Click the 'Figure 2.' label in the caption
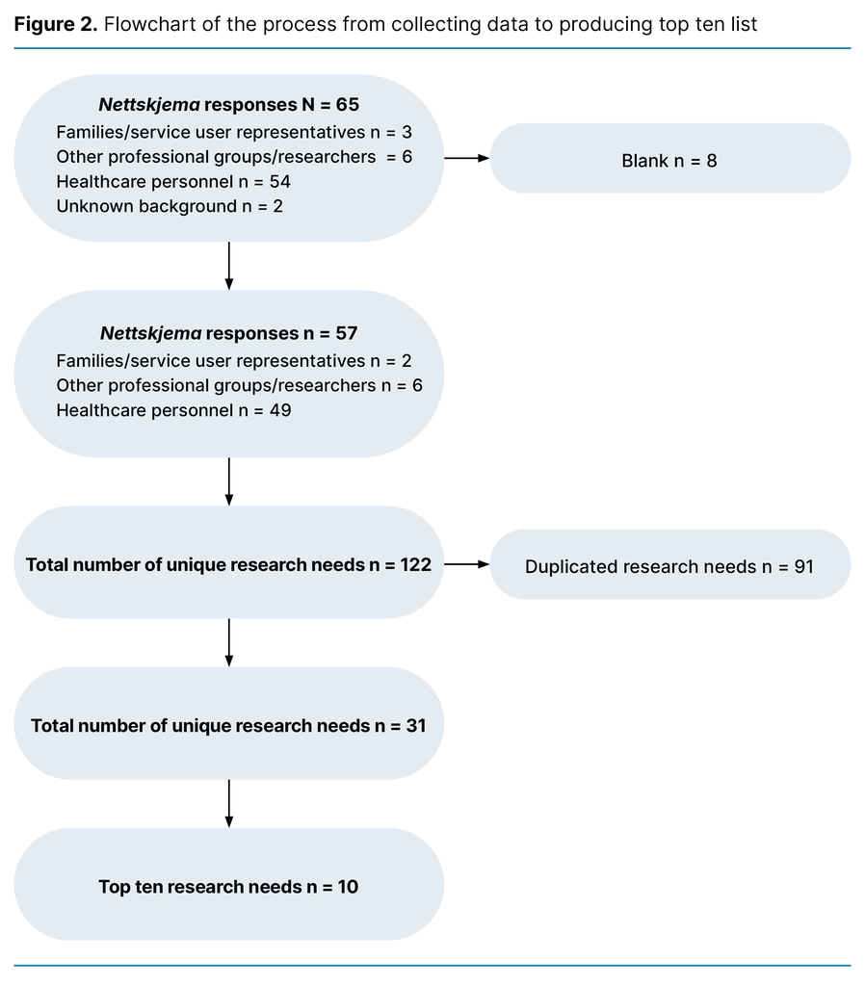point(56,24)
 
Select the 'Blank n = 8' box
point(669,160)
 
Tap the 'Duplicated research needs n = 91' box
point(669,566)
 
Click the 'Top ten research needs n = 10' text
point(228,887)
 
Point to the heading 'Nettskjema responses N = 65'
point(229,105)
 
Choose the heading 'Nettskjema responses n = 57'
point(229,334)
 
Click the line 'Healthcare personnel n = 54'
point(173,181)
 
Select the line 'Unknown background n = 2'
point(170,206)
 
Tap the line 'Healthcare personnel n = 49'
point(173,410)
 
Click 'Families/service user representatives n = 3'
point(234,131)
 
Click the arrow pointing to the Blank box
point(466,158)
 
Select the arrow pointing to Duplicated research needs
point(466,564)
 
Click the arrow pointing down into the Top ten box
point(228,802)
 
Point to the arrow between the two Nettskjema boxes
point(228,265)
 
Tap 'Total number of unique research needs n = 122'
point(228,565)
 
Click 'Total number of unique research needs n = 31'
point(228,726)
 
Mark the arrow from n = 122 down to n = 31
point(228,641)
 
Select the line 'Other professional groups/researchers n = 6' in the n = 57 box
point(239,385)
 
